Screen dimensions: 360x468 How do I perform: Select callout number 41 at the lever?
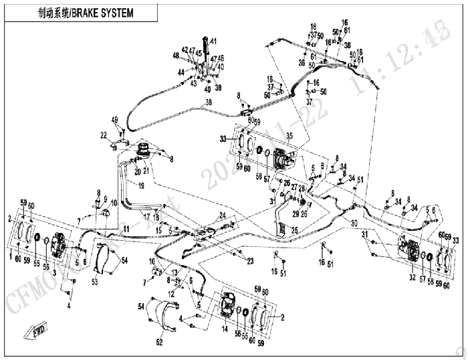click(x=214, y=41)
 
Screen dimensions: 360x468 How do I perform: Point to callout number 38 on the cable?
click(x=208, y=102)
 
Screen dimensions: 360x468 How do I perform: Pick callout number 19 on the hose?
click(x=142, y=187)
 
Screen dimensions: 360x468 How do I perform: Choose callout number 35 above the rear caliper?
click(x=289, y=135)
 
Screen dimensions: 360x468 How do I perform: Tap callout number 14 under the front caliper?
click(x=225, y=329)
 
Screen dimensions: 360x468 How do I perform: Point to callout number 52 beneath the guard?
click(x=160, y=343)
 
